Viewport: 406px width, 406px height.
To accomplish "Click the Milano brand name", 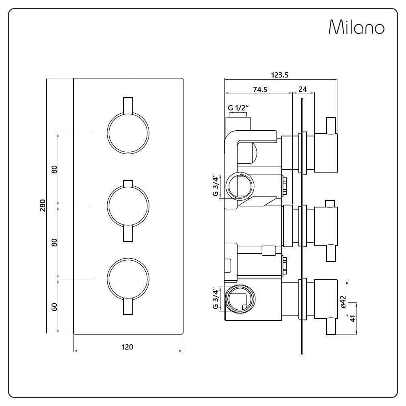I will [x=356, y=27].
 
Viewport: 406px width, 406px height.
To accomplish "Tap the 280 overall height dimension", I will [x=43, y=205].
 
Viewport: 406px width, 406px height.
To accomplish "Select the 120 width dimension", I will [x=127, y=347].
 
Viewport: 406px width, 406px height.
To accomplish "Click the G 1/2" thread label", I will [x=238, y=108].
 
